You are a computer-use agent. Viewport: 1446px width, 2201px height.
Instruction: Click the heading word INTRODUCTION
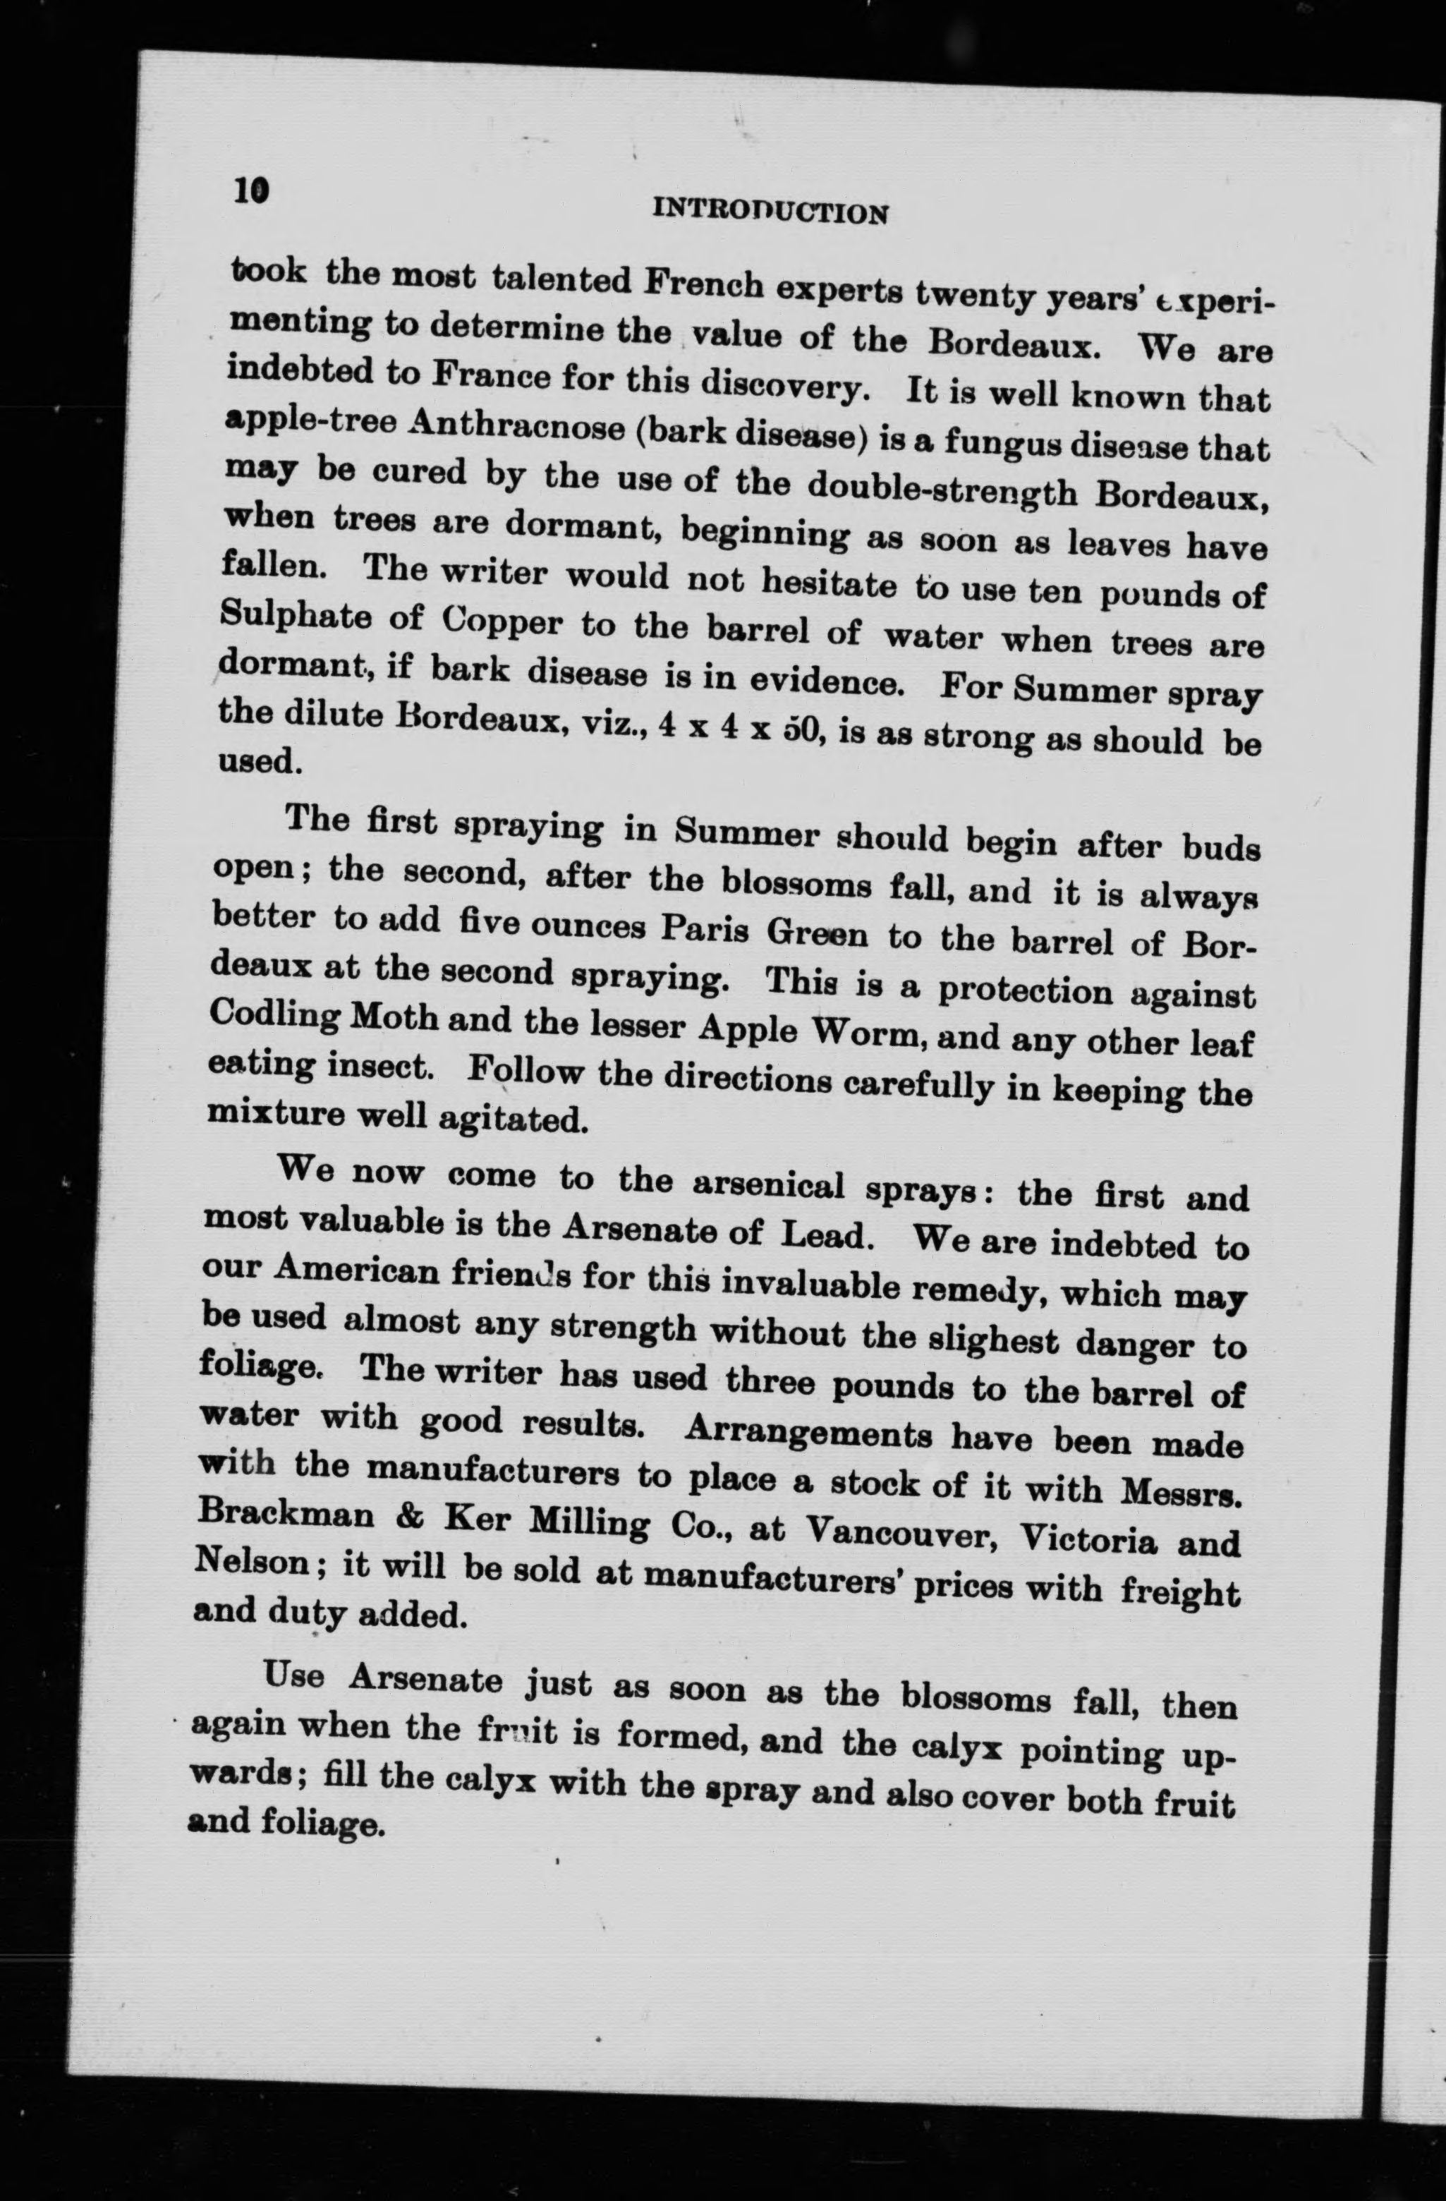click(770, 212)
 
